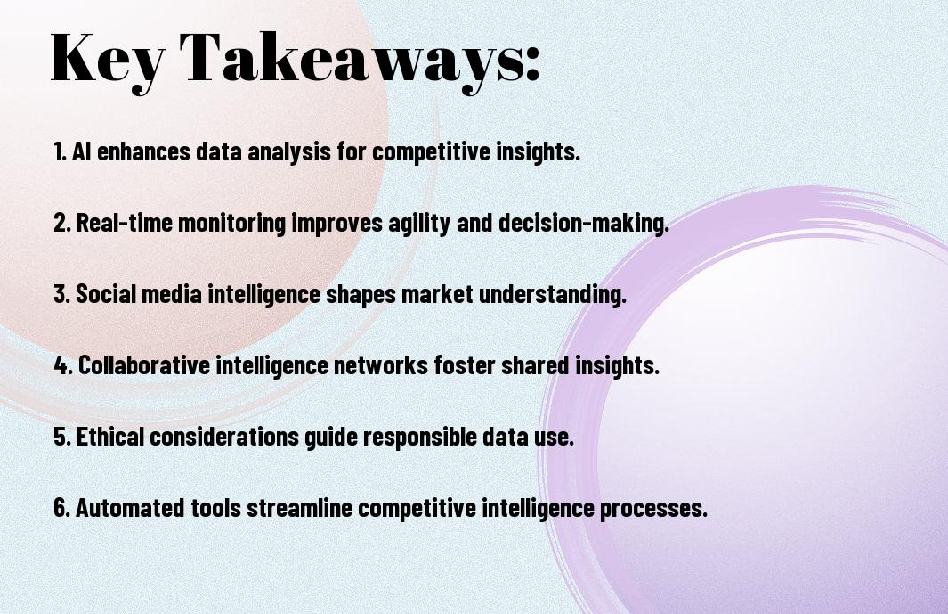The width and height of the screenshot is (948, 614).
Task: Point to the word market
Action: (x=438, y=294)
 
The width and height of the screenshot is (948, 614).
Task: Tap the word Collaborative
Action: (x=144, y=365)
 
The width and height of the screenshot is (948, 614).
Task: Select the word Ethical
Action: (x=110, y=437)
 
